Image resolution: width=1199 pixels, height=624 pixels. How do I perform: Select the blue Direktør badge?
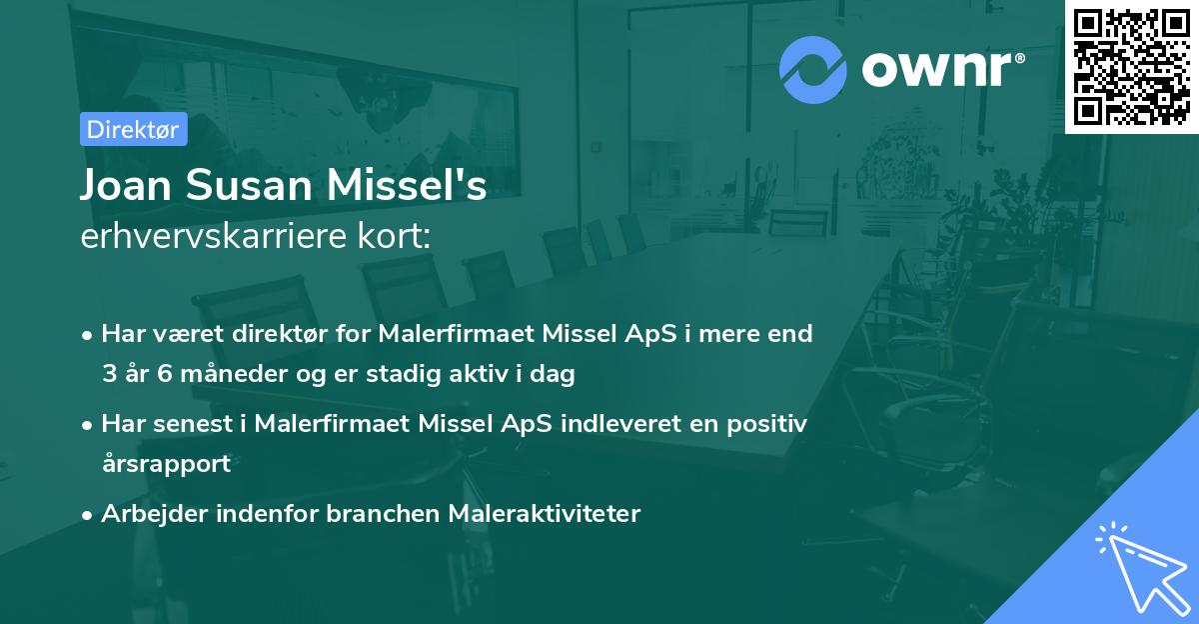click(133, 128)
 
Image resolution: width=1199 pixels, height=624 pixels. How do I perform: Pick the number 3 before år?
click(108, 375)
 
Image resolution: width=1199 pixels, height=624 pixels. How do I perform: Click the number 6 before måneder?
click(163, 375)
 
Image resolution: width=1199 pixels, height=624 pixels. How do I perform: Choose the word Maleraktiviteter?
click(545, 514)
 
